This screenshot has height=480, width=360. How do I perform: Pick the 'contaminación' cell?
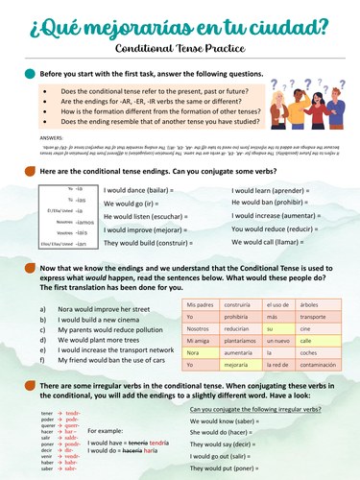[318, 365]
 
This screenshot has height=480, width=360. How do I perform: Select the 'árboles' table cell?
[318, 301]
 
